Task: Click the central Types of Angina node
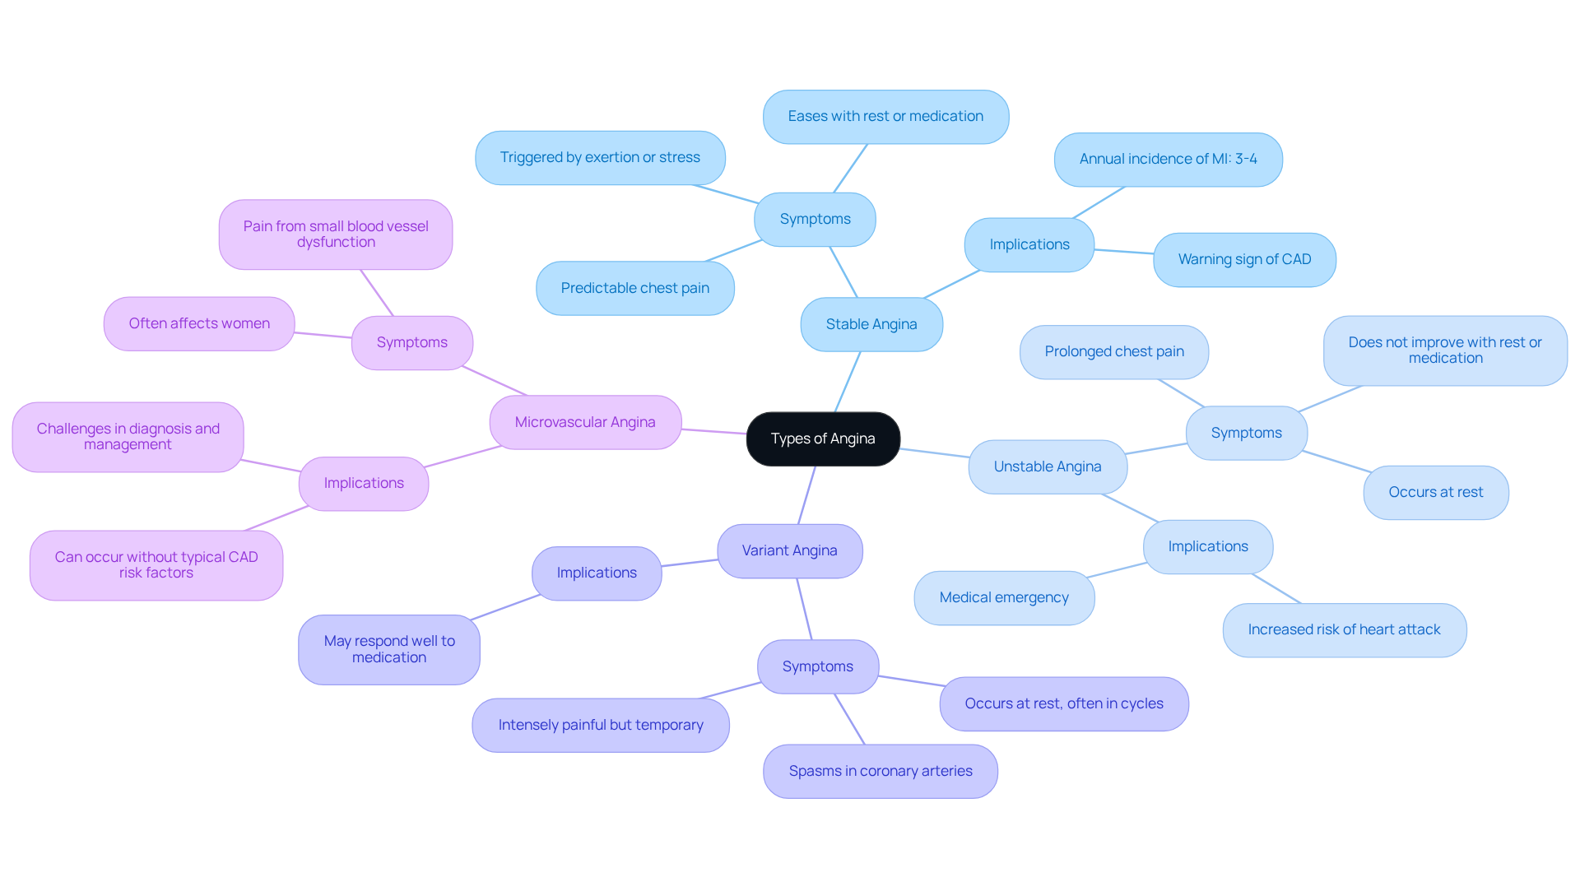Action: (823, 439)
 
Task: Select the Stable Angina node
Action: (871, 325)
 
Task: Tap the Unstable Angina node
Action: (1048, 467)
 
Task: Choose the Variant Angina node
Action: (789, 551)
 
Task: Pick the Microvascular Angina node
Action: (585, 423)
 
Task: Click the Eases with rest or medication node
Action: (885, 117)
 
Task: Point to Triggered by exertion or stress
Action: (600, 158)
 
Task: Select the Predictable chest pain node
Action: (634, 289)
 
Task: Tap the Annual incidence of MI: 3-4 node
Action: (1168, 160)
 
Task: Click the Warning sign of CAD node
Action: (1244, 260)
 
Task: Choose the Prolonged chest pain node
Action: (1114, 352)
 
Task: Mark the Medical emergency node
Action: (1004, 598)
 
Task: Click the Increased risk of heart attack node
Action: (1344, 630)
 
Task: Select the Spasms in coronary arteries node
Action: (881, 772)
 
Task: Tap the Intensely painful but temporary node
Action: (601, 726)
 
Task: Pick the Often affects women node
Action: (199, 324)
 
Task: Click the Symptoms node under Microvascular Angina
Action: (412, 343)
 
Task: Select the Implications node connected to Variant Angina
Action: (597, 573)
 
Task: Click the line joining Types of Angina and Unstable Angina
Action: (935, 453)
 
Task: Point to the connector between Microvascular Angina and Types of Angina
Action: (714, 432)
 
